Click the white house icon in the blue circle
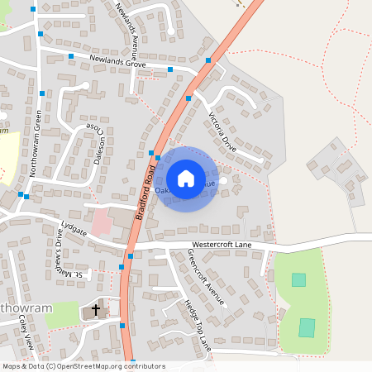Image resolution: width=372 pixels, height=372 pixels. [x=186, y=179]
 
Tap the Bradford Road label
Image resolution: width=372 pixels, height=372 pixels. [x=145, y=191]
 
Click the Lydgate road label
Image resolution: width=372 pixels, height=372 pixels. [x=74, y=228]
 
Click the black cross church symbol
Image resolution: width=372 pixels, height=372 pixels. [x=95, y=311]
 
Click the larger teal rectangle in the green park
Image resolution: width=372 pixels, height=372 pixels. [x=307, y=327]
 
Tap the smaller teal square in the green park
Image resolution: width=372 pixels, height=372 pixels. [x=298, y=280]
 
